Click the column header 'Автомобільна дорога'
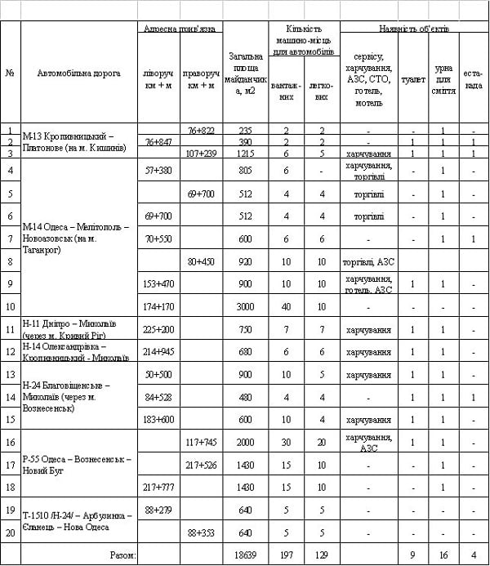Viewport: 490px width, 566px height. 78,74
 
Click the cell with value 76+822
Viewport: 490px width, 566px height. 201,131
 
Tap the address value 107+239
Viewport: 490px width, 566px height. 201,153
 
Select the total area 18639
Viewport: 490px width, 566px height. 246,555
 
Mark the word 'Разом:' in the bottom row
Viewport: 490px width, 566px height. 123,555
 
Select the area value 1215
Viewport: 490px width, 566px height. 246,153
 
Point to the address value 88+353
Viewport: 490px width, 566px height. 201,533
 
